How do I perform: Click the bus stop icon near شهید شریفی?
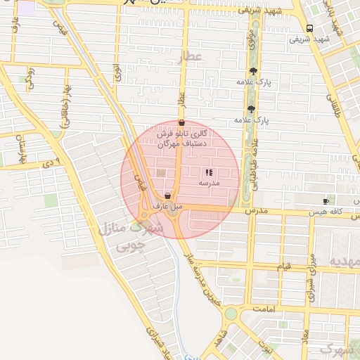click(x=310, y=28)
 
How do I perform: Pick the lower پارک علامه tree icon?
click(x=251, y=109)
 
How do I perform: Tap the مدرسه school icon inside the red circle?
click(x=208, y=172)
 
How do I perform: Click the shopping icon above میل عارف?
click(x=167, y=195)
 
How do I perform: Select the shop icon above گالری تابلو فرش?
click(x=181, y=122)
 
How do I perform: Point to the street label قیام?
click(x=284, y=267)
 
